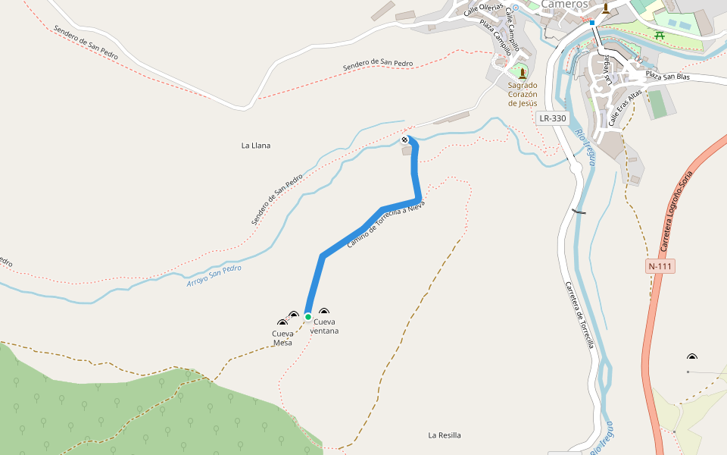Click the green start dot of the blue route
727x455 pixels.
point(308,317)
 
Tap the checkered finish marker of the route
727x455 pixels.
point(406,140)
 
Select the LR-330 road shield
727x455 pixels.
point(552,118)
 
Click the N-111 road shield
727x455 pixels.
point(660,266)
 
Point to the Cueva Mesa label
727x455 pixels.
point(282,337)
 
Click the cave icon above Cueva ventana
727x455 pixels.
point(324,312)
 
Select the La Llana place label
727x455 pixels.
point(256,145)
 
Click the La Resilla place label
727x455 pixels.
point(445,435)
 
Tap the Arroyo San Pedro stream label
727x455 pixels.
point(214,275)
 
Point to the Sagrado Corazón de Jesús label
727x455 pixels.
point(523,94)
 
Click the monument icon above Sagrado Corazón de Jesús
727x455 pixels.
point(522,74)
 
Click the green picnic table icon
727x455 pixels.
point(660,35)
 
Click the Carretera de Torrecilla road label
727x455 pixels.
point(579,315)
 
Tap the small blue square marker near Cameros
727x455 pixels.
point(592,23)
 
